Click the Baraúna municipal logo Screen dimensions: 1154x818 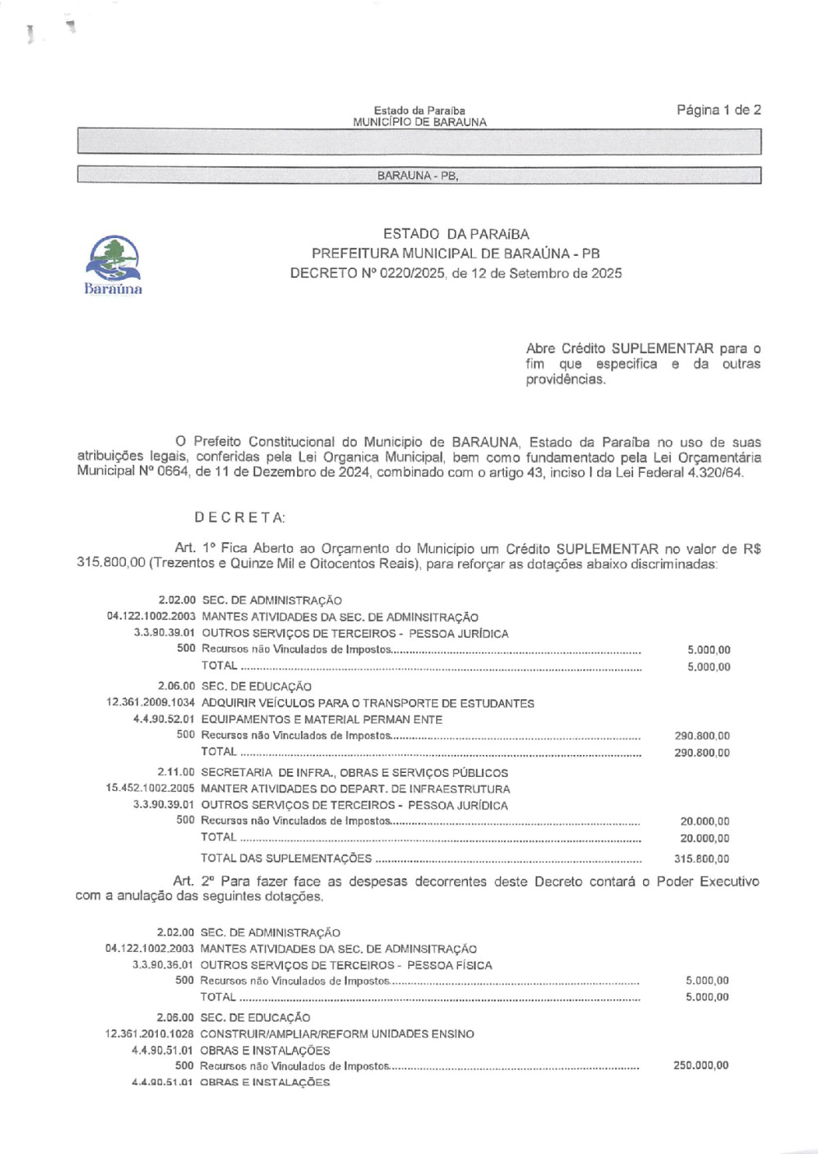coord(113,264)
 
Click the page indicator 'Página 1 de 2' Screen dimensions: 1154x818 coord(718,110)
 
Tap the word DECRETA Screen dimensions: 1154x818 coord(240,518)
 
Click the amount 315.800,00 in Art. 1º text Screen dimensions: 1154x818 coord(110,564)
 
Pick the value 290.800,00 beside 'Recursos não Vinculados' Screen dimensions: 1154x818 coord(702,736)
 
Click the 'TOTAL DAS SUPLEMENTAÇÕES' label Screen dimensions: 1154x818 coord(286,859)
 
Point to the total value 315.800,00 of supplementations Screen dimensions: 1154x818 coord(702,859)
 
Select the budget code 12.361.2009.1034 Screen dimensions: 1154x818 coord(151,703)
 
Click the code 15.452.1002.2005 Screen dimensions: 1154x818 coord(150,789)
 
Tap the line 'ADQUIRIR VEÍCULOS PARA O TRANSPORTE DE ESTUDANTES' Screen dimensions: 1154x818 coord(367,703)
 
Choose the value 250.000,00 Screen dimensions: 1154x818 coord(700,1066)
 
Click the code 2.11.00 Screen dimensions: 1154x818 coord(176,773)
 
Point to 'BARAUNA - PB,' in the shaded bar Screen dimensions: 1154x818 coord(418,176)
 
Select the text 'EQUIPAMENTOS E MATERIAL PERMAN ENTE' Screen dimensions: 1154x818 coord(321,720)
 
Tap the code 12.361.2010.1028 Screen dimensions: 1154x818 coord(150,1034)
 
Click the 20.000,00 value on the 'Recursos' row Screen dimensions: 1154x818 coord(704,821)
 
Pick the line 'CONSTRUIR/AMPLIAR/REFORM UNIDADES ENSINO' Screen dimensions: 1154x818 coord(337,1034)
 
